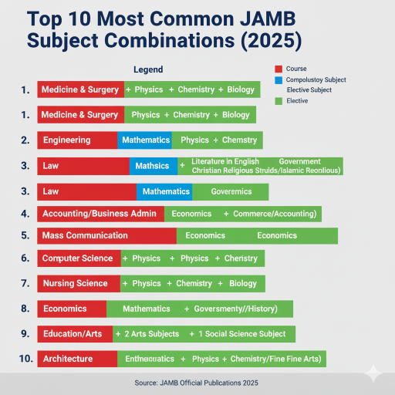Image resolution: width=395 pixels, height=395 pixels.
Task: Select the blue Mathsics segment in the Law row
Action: point(152,166)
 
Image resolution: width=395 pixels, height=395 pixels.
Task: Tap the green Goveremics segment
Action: point(231,191)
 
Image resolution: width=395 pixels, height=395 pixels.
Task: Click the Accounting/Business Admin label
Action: point(100,214)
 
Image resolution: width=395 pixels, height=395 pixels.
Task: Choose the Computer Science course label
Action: point(77,258)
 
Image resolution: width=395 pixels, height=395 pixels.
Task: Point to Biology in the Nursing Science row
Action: point(242,284)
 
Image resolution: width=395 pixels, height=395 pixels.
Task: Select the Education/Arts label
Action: point(73,334)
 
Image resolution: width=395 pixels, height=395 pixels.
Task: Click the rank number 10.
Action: point(24,359)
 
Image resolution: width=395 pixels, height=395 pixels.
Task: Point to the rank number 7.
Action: point(25,284)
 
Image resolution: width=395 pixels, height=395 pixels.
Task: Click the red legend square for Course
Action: point(279,69)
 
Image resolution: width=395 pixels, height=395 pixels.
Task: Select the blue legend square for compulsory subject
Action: point(279,79)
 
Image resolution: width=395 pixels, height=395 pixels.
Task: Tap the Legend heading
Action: point(148,70)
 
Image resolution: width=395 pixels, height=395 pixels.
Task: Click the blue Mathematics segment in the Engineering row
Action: point(145,140)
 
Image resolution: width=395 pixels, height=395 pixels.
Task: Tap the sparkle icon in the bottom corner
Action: point(373,373)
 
